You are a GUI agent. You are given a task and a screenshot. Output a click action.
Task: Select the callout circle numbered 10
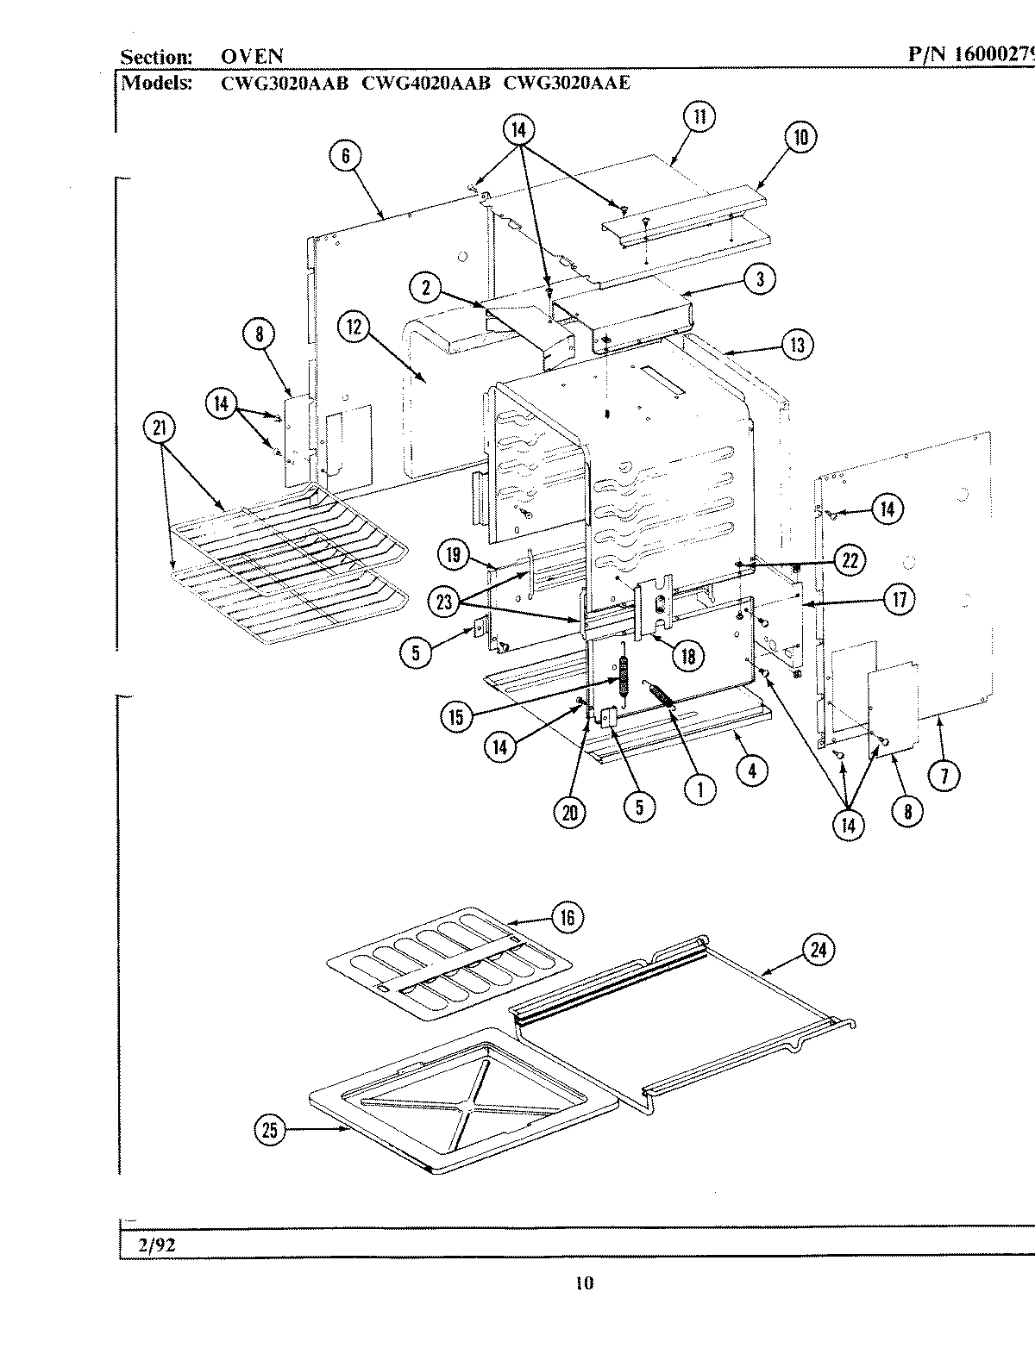801,138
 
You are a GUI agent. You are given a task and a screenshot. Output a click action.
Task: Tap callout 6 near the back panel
345,156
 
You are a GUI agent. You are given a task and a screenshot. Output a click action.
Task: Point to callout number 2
425,288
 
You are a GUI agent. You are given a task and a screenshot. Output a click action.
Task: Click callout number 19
454,555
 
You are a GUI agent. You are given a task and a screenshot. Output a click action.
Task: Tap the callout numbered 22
850,560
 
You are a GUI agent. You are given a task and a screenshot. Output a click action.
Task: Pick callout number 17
899,599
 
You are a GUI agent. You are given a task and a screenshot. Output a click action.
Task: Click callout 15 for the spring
455,714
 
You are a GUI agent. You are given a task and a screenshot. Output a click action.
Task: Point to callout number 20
570,812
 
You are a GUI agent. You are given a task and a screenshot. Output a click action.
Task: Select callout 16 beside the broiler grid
567,918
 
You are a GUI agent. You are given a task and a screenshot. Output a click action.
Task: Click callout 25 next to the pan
270,1130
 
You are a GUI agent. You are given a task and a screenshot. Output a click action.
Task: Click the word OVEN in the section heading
252,57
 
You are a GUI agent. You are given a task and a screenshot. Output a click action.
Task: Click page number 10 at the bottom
584,1284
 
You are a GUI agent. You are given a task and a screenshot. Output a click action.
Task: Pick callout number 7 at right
944,776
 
